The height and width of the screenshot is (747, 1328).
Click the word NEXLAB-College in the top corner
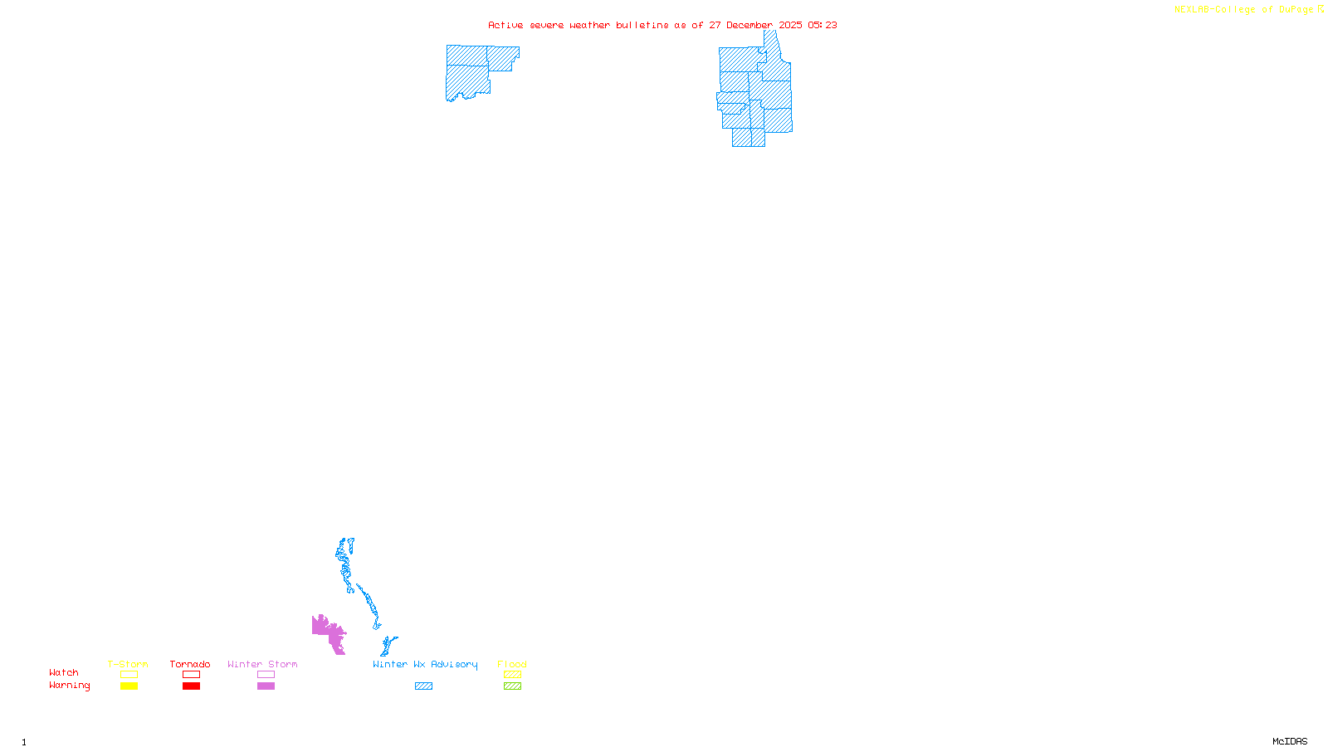pos(1214,10)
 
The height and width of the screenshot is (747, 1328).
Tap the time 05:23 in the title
pos(823,26)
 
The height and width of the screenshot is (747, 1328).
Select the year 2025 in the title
pos(790,26)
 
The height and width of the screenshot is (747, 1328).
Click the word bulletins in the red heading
pos(642,26)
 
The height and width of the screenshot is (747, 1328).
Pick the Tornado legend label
pos(190,664)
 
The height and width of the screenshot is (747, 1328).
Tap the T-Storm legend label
pos(128,664)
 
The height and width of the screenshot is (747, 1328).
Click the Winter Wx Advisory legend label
pos(425,664)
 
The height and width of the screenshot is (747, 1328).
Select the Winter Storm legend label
pos(262,664)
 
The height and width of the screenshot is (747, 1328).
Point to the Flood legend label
pos(512,664)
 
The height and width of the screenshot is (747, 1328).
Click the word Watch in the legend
pos(64,673)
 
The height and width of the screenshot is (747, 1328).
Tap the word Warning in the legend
pos(70,686)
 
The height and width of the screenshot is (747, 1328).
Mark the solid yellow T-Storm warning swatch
pos(129,686)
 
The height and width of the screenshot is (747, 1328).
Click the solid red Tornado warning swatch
pos(192,686)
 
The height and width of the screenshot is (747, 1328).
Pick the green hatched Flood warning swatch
pos(513,686)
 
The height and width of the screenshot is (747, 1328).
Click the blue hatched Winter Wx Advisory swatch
pos(423,686)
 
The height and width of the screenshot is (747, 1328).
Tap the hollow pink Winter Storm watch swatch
pos(266,675)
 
